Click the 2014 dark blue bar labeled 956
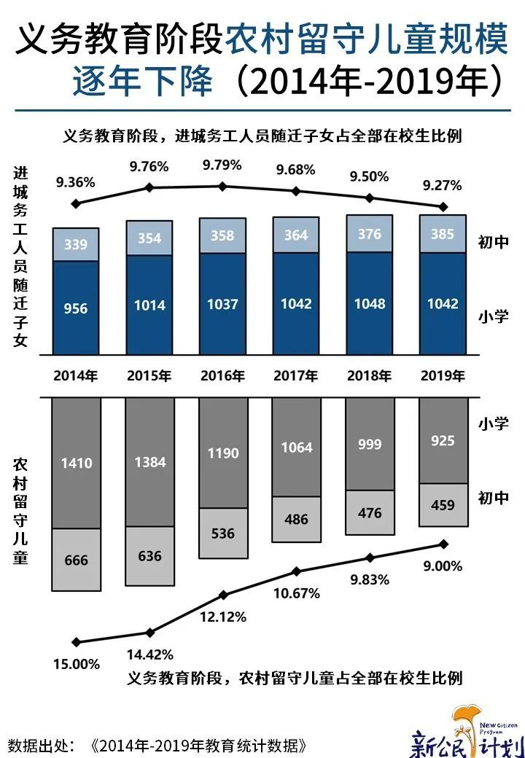(x=76, y=308)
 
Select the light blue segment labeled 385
(x=443, y=234)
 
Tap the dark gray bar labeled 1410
(x=76, y=462)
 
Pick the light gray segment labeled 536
(x=222, y=534)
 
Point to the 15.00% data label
(x=77, y=663)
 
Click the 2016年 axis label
(x=222, y=376)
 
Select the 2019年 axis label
(x=443, y=376)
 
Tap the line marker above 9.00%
(x=442, y=544)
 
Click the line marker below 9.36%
(x=76, y=203)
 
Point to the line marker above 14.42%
(x=149, y=633)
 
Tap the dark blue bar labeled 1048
(x=370, y=304)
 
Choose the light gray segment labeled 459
(x=443, y=504)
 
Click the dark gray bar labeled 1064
(x=296, y=447)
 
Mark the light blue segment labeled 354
(x=149, y=238)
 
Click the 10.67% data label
(x=296, y=593)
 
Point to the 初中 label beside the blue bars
(x=493, y=243)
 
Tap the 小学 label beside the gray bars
(x=493, y=423)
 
